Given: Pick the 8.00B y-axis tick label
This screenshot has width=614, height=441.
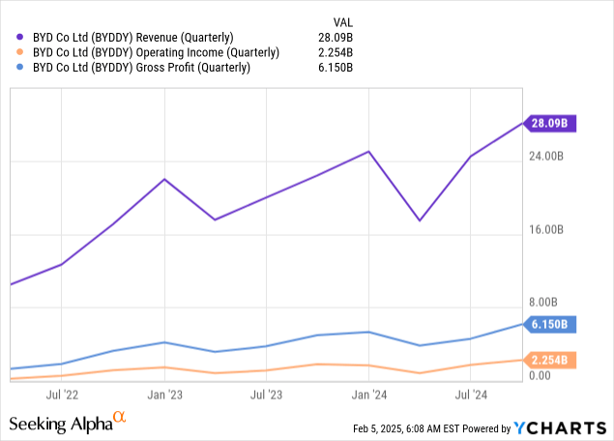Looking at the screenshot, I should point(541,304).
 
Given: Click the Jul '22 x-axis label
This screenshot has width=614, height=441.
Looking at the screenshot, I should point(62,395).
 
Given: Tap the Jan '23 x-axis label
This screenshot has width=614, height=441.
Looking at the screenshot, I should point(164,395).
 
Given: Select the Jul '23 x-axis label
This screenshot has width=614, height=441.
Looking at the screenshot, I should point(266,395).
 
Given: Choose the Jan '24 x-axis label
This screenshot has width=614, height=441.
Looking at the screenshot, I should point(369,395).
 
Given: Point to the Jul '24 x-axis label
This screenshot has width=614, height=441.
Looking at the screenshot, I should point(471,395).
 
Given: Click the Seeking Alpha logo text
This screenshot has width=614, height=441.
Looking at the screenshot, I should point(62,424).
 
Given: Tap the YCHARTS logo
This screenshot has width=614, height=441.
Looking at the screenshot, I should point(561,427).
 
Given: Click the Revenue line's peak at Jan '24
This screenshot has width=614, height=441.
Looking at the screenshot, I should point(368,151).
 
